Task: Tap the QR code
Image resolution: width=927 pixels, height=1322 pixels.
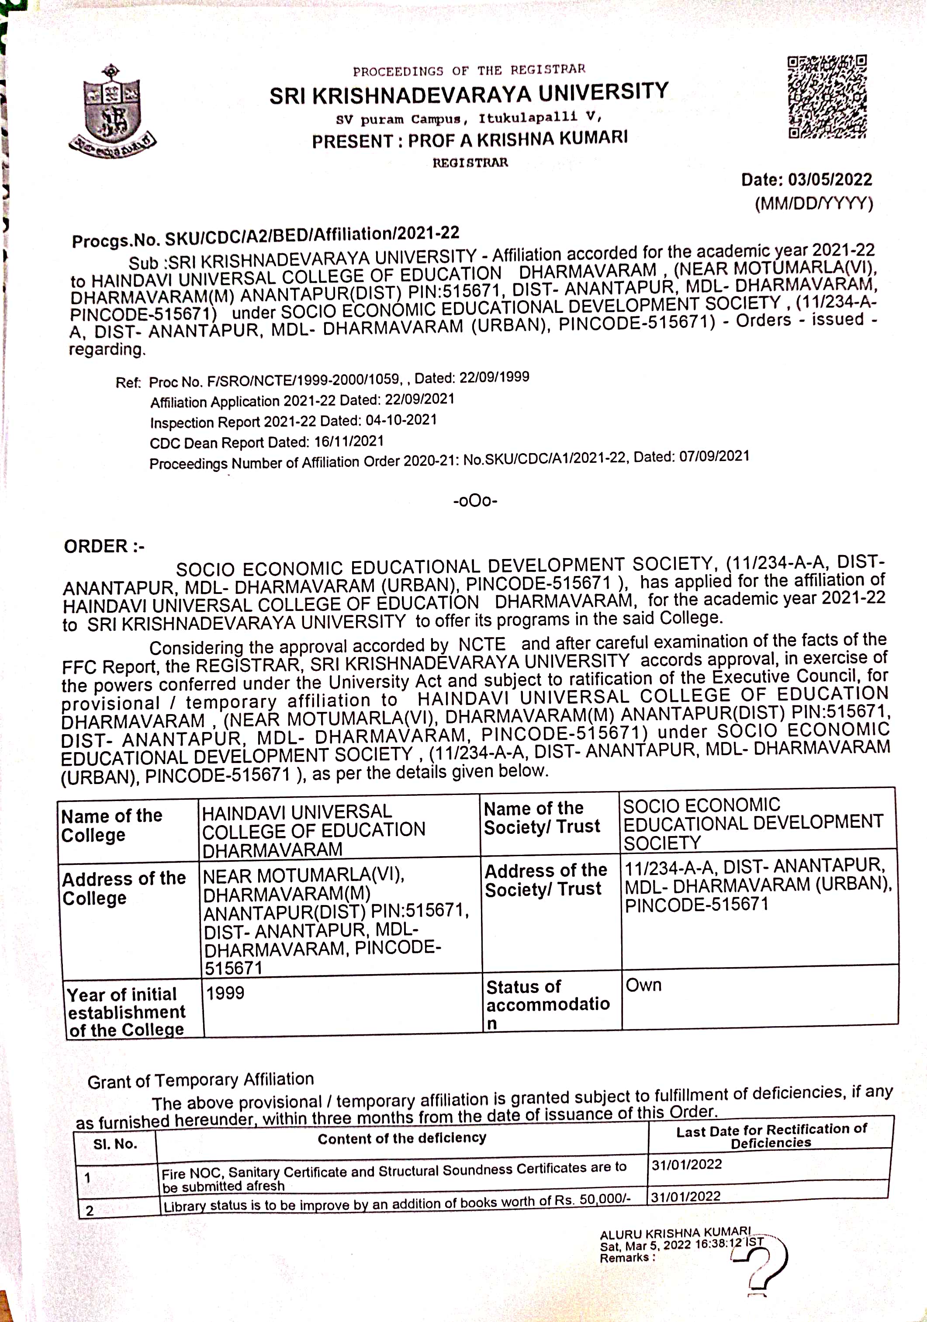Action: pyautogui.click(x=827, y=97)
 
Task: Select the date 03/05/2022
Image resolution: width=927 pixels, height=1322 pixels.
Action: pyautogui.click(x=830, y=180)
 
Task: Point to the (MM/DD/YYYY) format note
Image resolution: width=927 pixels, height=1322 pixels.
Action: pyautogui.click(x=814, y=204)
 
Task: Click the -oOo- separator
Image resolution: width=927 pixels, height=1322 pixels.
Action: pyautogui.click(x=475, y=500)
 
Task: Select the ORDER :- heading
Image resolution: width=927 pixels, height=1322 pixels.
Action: pyautogui.click(x=104, y=546)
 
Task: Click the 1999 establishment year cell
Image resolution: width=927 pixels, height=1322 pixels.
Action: pyautogui.click(x=225, y=992)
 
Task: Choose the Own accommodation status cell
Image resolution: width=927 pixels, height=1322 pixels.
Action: pyautogui.click(x=643, y=985)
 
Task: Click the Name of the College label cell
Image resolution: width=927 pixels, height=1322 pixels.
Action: pyautogui.click(x=112, y=825)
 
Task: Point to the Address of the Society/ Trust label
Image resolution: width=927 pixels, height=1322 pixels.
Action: pyautogui.click(x=546, y=879)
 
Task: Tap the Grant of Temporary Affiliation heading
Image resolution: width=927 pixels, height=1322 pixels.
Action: pyautogui.click(x=201, y=1080)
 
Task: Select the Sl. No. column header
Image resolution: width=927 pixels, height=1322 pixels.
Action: pyautogui.click(x=115, y=1144)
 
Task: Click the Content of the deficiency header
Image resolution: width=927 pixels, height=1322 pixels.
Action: pyautogui.click(x=401, y=1138)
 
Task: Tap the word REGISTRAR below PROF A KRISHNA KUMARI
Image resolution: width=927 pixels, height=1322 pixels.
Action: pyautogui.click(x=470, y=163)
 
